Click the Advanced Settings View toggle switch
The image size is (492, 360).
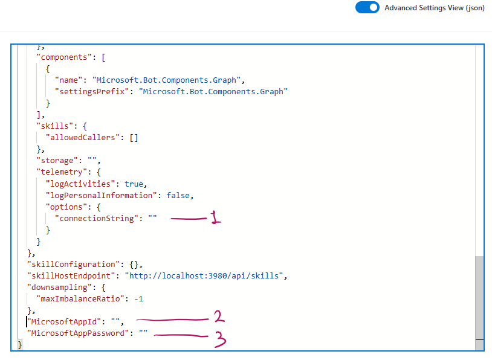pyautogui.click(x=367, y=8)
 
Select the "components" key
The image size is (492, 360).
pyautogui.click(x=64, y=57)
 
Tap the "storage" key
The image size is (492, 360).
pyautogui.click(x=57, y=160)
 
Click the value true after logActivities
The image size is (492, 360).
pyautogui.click(x=135, y=184)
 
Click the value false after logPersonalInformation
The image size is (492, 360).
pyautogui.click(x=180, y=195)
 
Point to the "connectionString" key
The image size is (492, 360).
pyautogui.click(x=96, y=218)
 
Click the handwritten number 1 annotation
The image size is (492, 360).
pyautogui.click(x=216, y=218)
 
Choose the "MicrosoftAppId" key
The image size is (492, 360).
pyautogui.click(x=64, y=321)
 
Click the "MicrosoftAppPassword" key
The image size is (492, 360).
pyautogui.click(x=78, y=333)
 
